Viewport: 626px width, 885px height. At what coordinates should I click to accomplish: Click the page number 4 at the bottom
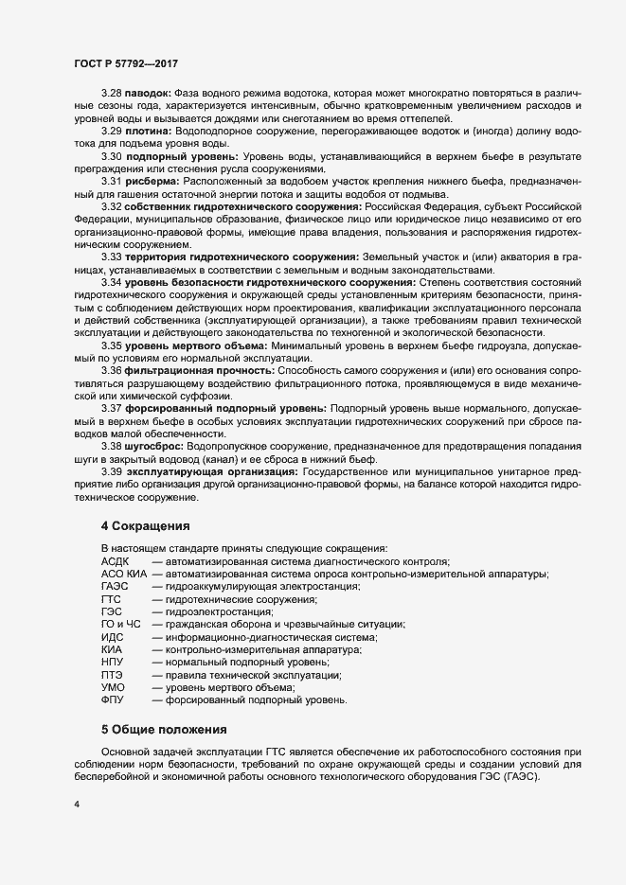[77, 804]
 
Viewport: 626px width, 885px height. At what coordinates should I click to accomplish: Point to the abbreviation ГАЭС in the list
[115, 587]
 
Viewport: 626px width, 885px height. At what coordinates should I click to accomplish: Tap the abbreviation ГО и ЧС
[121, 625]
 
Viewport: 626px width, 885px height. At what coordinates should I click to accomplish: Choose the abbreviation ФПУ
[113, 699]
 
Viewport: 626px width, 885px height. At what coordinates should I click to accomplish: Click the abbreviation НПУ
[113, 663]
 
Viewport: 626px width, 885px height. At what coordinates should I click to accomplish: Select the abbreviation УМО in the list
[113, 687]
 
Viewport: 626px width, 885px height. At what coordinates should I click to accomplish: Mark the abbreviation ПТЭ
[113, 675]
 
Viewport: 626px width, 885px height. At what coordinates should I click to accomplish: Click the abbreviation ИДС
[113, 637]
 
